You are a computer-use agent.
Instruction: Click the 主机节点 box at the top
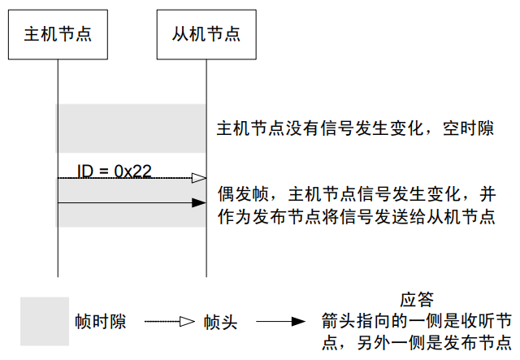click(58, 35)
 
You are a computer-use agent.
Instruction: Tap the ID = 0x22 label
click(114, 171)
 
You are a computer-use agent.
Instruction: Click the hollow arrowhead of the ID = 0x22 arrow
click(198, 177)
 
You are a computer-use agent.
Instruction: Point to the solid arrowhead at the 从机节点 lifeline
click(198, 203)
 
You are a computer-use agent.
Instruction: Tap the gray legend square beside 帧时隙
click(45, 322)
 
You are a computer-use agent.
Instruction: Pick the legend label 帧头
click(220, 323)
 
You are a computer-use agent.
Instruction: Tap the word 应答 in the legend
click(416, 299)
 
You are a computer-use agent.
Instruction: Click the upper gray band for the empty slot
click(131, 128)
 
